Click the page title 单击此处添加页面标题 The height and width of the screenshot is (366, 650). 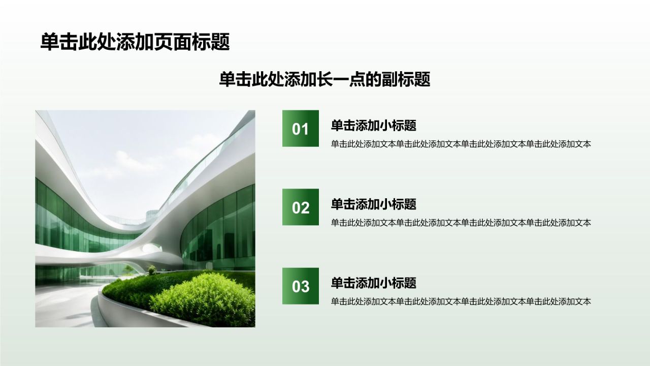point(135,42)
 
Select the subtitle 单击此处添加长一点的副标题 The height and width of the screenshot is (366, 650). point(324,79)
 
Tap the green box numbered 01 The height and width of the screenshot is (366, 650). point(300,129)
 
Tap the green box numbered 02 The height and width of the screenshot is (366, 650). point(300,207)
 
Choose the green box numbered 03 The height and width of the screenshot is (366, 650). point(300,286)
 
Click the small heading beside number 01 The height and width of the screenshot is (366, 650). point(373,126)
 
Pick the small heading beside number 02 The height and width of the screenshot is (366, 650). point(373,204)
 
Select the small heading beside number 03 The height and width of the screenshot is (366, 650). point(373,283)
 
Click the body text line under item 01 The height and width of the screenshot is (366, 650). point(461,144)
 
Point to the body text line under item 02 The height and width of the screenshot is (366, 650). point(461,223)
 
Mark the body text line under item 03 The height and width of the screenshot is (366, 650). point(461,301)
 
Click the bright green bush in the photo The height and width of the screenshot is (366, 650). point(203,299)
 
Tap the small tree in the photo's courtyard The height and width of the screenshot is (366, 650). point(127,269)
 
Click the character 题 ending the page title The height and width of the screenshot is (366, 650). point(220,42)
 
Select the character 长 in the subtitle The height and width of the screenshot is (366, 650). point(324,79)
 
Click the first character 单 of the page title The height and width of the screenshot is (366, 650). point(49,42)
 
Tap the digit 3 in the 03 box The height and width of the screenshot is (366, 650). point(305,286)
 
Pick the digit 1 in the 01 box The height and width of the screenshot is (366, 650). point(305,129)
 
